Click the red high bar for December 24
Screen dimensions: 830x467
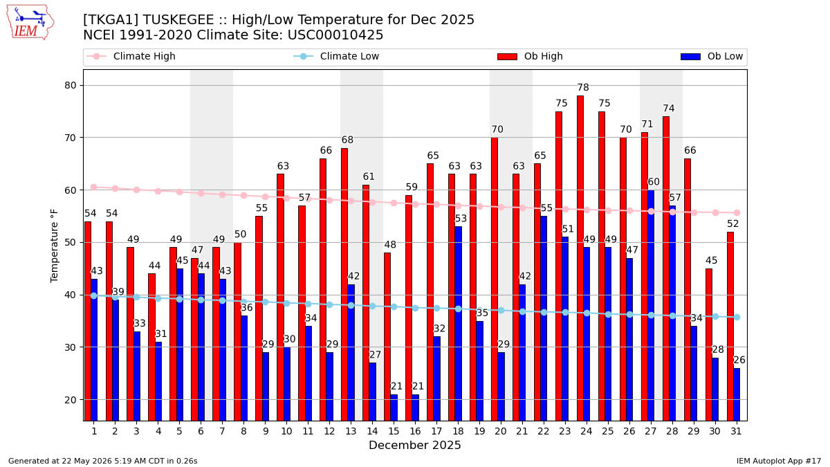tap(580, 258)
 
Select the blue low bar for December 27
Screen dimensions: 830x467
tap(651, 305)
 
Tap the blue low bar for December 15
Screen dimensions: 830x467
tap(394, 408)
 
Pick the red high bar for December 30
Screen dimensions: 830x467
tap(709, 345)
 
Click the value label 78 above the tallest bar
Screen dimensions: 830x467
tap(583, 87)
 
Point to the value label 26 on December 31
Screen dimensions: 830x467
tap(739, 360)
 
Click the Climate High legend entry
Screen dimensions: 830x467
tap(131, 56)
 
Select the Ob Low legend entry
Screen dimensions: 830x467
tap(712, 56)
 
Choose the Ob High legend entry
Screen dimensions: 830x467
tap(531, 56)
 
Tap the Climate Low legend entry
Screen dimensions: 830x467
tap(336, 56)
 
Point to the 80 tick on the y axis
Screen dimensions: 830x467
tap(71, 85)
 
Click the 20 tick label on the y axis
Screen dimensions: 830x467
tap(71, 400)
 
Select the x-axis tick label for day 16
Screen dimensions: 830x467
tap(416, 431)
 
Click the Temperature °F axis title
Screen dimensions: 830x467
tap(54, 246)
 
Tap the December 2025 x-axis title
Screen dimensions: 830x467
tap(414, 445)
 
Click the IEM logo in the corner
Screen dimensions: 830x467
tap(30, 23)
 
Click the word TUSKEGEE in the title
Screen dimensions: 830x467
tap(178, 19)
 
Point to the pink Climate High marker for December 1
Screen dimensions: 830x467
tap(94, 187)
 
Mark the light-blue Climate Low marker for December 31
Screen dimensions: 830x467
tap(737, 318)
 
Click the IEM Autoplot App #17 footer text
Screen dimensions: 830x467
tap(779, 461)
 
